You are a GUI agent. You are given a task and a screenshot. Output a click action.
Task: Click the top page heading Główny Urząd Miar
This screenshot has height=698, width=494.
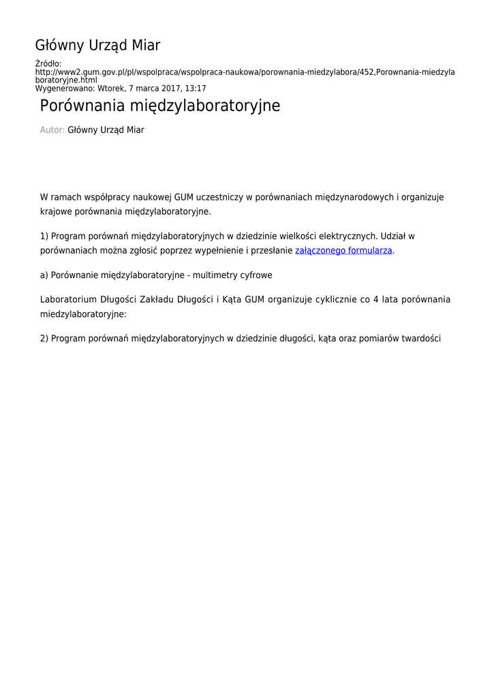click(97, 46)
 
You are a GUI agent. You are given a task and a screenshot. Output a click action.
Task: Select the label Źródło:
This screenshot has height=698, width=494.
click(48, 64)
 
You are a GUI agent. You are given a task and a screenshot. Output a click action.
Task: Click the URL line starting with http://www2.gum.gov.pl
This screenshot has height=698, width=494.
click(245, 72)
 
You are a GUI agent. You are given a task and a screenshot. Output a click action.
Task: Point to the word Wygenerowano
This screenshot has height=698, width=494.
click(65, 89)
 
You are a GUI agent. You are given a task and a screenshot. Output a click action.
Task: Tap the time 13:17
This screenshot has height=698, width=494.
click(195, 89)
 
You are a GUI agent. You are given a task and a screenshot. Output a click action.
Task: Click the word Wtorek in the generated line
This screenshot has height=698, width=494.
click(111, 89)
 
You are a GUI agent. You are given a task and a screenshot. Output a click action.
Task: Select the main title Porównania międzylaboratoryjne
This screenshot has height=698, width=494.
click(160, 106)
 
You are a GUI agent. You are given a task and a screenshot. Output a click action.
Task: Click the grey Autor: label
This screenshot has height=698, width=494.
click(52, 130)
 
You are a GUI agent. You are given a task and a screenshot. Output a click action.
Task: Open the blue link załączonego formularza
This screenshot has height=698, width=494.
click(343, 251)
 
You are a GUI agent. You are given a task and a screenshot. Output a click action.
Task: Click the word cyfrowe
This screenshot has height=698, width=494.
click(256, 275)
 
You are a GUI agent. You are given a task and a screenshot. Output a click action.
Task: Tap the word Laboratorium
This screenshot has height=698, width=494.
click(68, 299)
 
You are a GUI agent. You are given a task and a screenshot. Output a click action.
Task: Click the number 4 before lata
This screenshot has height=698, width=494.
click(375, 299)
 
